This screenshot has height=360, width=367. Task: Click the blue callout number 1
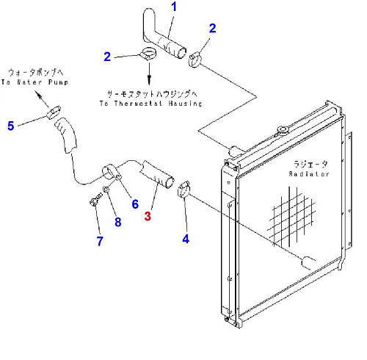pos(174,7)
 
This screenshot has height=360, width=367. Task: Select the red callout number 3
pos(148,216)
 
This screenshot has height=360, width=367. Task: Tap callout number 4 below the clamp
pos(186,239)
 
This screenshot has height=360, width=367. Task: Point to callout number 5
pos(11,126)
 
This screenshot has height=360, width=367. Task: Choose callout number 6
pos(135,204)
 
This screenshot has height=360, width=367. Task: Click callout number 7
pos(100,241)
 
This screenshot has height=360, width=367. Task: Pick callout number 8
pos(118,222)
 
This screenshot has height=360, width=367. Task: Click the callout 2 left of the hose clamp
pos(107,57)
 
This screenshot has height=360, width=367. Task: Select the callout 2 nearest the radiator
pos(212,28)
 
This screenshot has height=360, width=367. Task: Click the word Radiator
pos(309,174)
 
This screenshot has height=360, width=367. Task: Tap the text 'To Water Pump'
pos(34,82)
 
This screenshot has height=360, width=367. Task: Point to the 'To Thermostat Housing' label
pos(151,104)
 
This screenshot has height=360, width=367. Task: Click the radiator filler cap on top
pos(283,130)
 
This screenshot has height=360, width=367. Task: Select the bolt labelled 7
pos(95,200)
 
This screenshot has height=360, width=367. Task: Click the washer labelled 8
pos(106,190)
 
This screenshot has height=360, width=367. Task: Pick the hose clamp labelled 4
pos(183,189)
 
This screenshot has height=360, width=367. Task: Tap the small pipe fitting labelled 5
pos(54,112)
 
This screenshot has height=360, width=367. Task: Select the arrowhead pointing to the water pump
pos(37,94)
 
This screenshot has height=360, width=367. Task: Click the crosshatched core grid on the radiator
pos(291,217)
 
